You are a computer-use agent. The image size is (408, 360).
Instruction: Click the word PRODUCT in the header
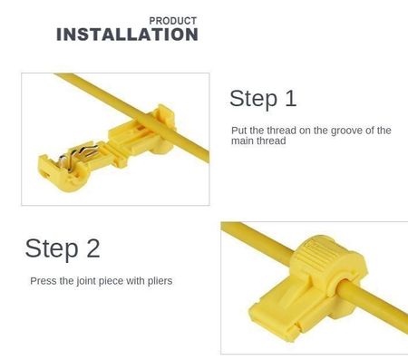tap(173, 21)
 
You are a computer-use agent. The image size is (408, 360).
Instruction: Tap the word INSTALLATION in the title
tap(127, 34)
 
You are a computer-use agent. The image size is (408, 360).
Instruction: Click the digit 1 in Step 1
tap(291, 98)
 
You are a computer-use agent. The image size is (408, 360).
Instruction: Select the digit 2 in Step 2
tap(93, 248)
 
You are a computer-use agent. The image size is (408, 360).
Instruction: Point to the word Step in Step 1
tap(253, 99)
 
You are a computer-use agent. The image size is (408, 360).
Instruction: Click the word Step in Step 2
tap(52, 249)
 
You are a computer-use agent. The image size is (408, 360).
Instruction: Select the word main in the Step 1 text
tap(242, 141)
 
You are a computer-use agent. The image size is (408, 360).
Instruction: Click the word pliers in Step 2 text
tap(160, 281)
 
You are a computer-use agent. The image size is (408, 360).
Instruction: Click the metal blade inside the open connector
tap(79, 155)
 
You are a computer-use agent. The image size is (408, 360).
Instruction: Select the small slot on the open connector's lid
tap(46, 175)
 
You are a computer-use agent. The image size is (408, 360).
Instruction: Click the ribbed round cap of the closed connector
tap(323, 257)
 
